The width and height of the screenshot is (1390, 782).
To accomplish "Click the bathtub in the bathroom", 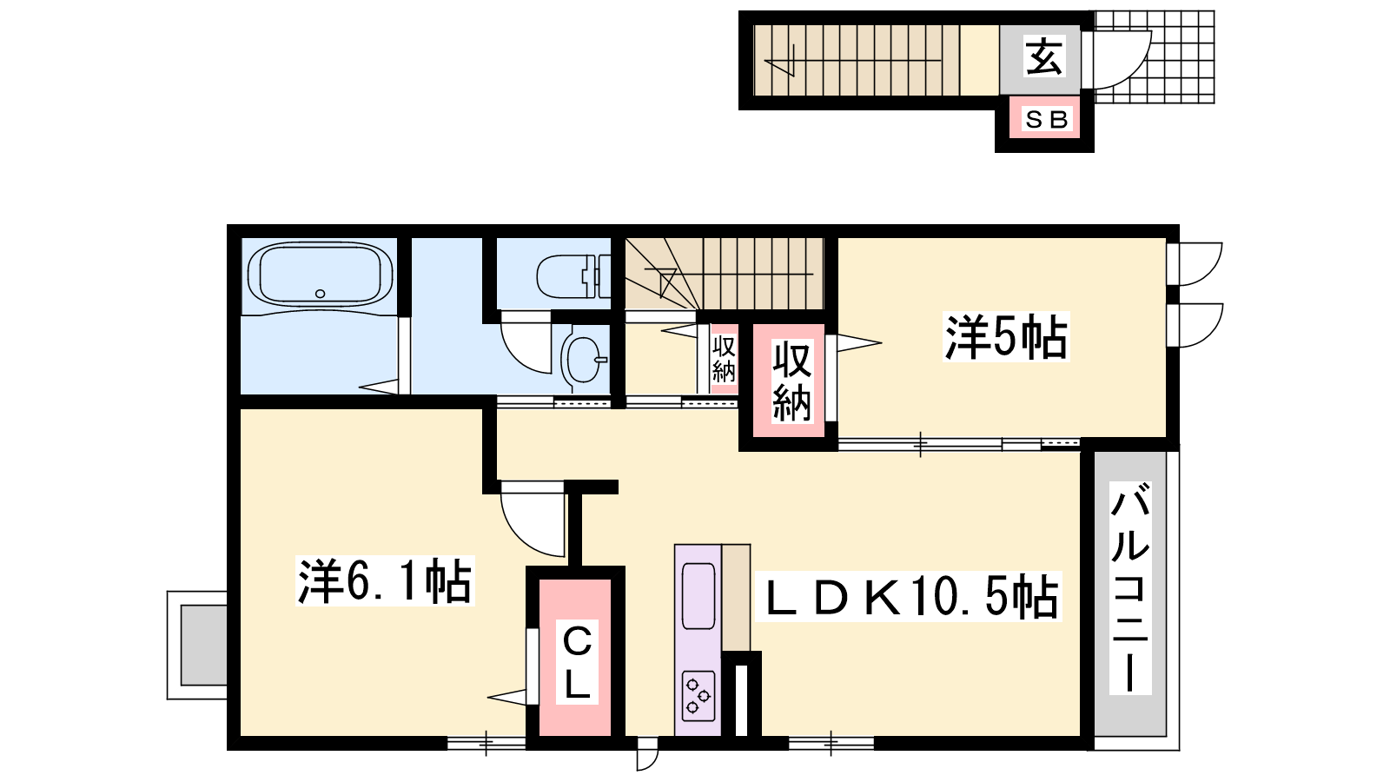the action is pyautogui.click(x=320, y=274).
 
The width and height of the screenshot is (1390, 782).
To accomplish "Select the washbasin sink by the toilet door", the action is pyautogui.click(x=584, y=361).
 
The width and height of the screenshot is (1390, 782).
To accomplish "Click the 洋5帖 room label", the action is pyautogui.click(x=1006, y=338).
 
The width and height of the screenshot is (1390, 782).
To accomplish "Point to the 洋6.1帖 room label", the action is pyautogui.click(x=385, y=581).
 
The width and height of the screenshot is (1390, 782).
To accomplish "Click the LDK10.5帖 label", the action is pyautogui.click(x=912, y=597).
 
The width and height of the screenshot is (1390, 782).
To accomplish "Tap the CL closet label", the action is pyautogui.click(x=577, y=661).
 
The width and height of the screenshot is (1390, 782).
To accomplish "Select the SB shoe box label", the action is pyautogui.click(x=1046, y=119).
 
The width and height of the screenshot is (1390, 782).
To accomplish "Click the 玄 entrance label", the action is pyautogui.click(x=1043, y=56).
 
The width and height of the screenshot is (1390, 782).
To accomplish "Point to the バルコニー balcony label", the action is pyautogui.click(x=1130, y=587).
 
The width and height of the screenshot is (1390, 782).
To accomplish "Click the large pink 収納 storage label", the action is pyautogui.click(x=791, y=381).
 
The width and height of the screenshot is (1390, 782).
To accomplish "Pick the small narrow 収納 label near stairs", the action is pyautogui.click(x=724, y=359).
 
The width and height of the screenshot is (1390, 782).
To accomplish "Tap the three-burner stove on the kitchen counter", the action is pyautogui.click(x=698, y=696).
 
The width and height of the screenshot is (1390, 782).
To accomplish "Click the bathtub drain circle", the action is pyautogui.click(x=321, y=294).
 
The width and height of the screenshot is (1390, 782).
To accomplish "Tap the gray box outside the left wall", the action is pyautogui.click(x=203, y=645).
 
